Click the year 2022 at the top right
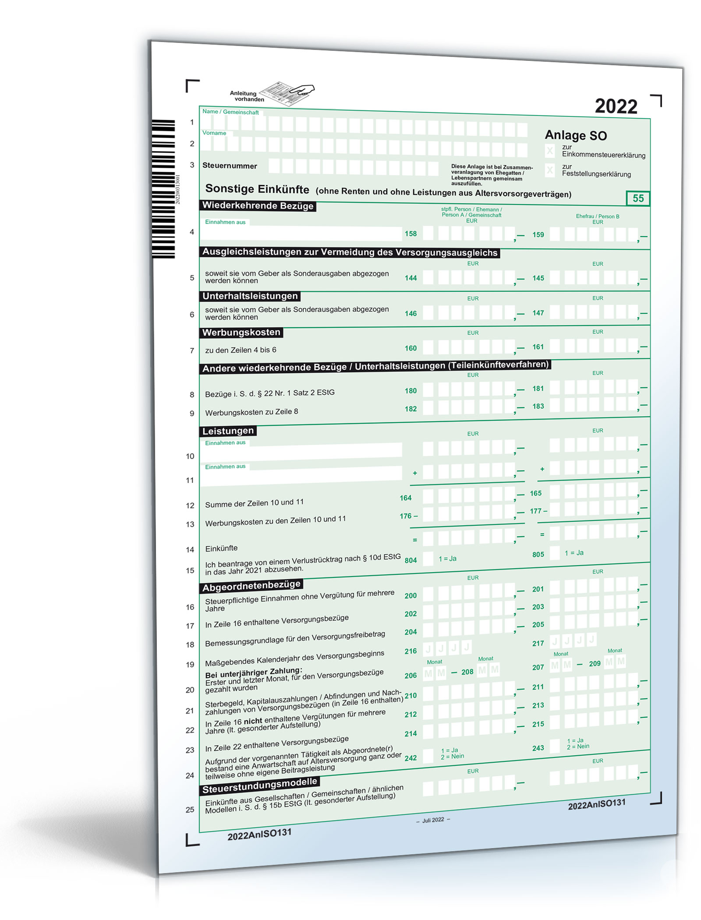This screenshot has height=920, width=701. point(616,106)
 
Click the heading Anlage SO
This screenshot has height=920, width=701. point(576,135)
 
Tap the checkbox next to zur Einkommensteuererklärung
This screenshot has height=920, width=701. point(550,151)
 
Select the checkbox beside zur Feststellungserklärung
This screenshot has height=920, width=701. point(550,170)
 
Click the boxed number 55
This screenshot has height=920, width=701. point(638,198)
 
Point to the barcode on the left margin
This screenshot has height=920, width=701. point(163,188)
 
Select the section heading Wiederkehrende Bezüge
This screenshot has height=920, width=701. point(258,205)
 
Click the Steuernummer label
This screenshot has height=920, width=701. point(230,166)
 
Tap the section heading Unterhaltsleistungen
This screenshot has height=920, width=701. point(250,296)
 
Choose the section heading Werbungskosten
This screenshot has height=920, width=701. point(241,333)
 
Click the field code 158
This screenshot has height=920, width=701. point(411,234)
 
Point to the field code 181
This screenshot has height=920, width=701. point(538,389)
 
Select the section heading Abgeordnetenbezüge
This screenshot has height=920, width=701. point(251,586)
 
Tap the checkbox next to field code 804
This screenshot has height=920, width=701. point(428,559)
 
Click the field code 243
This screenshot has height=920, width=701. point(538,748)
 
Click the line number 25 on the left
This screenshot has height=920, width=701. point(190,810)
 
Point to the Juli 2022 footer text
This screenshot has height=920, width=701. point(433,820)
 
